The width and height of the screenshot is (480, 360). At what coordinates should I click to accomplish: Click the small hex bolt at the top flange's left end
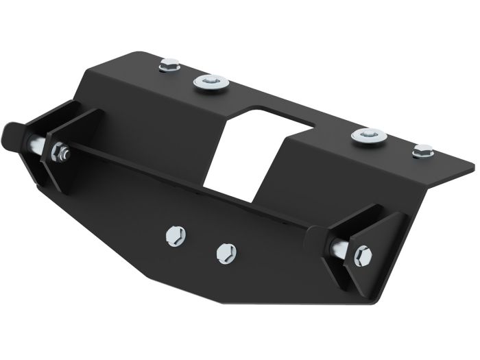click(168, 66)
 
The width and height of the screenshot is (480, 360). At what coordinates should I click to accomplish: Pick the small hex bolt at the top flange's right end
click(423, 150)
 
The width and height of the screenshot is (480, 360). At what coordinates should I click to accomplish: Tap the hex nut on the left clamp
click(59, 152)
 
